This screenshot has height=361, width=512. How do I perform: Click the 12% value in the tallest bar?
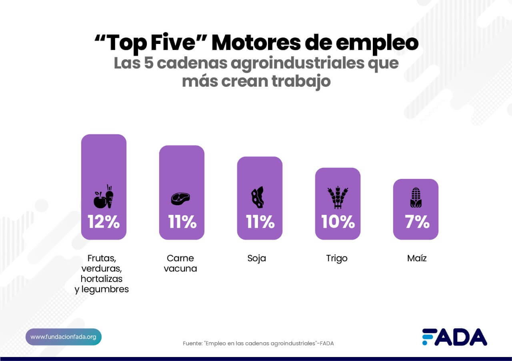104,222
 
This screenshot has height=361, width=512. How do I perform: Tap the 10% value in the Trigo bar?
338,222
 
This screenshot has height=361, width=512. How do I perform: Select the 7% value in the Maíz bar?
416,222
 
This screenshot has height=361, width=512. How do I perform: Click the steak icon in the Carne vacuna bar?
181,198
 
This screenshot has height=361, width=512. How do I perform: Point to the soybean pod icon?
257,197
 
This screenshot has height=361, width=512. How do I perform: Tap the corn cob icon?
416,198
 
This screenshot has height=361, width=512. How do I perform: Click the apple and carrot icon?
104,196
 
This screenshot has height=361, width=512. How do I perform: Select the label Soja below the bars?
257,258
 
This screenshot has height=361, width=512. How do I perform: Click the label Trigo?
337,258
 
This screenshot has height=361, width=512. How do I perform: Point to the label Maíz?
417,258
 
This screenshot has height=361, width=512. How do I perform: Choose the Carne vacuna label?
180,263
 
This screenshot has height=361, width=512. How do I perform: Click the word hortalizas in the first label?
102,279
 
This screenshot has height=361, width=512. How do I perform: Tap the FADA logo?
454,337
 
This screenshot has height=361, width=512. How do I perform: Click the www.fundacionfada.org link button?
64,337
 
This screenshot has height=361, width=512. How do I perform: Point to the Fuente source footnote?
258,343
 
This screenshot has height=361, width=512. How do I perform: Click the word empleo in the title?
377,43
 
